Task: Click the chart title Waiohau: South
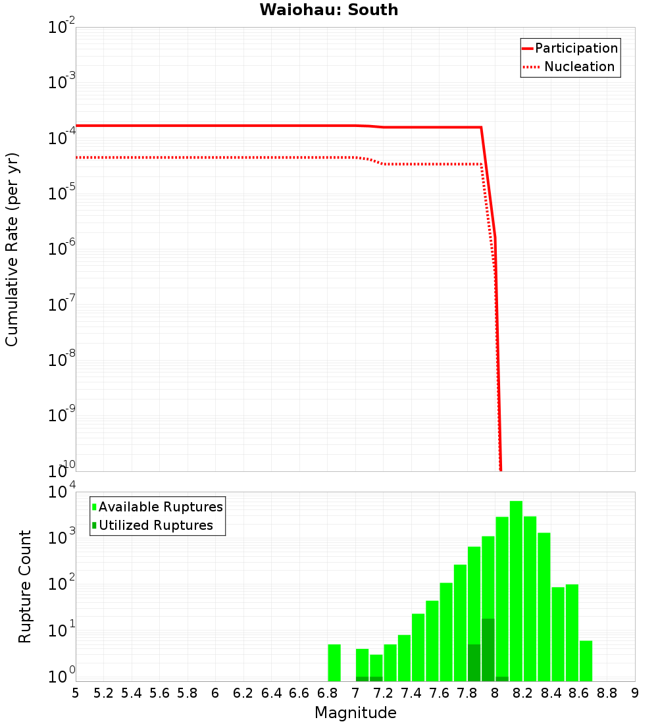click(328, 10)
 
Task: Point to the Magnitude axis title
click(355, 713)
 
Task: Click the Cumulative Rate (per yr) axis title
click(12, 249)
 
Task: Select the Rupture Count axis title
click(25, 586)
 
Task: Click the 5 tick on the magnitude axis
click(76, 693)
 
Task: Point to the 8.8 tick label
click(607, 693)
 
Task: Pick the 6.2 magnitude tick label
click(243, 693)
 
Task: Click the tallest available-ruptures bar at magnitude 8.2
click(516, 591)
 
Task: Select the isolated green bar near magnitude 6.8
click(334, 663)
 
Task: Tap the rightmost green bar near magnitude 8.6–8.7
click(586, 661)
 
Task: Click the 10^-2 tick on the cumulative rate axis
click(61, 28)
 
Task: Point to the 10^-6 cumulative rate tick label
click(61, 249)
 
